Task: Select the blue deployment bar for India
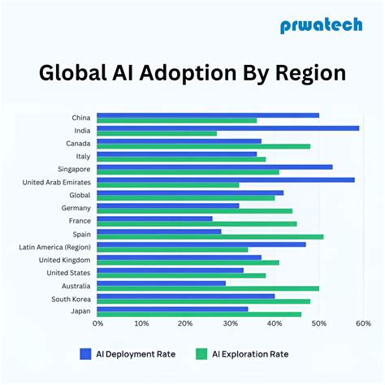[227, 128]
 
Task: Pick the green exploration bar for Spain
[210, 237]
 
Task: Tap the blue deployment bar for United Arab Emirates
[226, 180]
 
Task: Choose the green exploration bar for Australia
[208, 288]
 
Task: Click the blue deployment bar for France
[154, 218]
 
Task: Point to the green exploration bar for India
[157, 133]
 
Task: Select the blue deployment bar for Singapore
[214, 167]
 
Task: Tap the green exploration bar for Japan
[199, 314]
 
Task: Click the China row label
[80, 118]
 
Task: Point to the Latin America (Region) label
[55, 247]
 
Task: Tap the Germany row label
[76, 208]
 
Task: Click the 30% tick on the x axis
[230, 323]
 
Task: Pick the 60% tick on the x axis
[362, 323]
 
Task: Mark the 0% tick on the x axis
[97, 323]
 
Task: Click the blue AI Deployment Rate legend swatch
[85, 354]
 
